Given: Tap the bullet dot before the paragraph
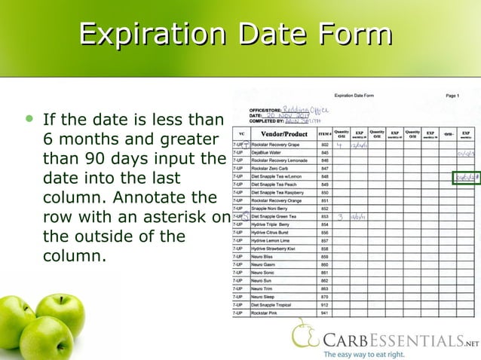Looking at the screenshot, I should click(29, 120).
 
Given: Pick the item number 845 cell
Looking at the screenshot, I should click(325, 152).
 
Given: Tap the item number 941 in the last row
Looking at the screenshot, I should click(325, 312).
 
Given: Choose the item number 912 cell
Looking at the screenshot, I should click(325, 304).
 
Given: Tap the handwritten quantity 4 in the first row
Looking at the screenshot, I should click(340, 145).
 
